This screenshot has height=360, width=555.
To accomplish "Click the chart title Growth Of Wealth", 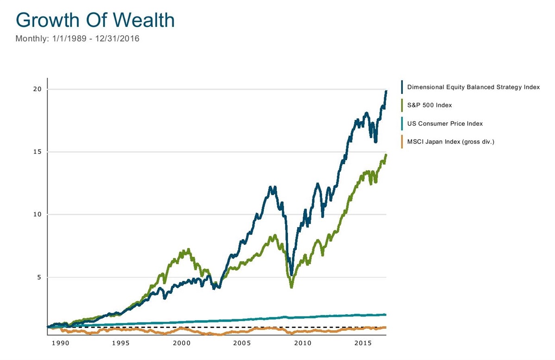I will [x=95, y=20].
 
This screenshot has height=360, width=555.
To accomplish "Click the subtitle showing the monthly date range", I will [x=77, y=39].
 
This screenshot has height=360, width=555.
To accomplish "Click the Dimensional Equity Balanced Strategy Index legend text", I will [x=473, y=87].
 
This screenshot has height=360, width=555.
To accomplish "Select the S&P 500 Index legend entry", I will [x=429, y=105].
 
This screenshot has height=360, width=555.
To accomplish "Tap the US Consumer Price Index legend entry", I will [x=445, y=124].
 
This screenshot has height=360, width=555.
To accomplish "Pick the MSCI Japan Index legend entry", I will [x=450, y=142].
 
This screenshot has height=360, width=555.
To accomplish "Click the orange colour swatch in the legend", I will [x=402, y=142].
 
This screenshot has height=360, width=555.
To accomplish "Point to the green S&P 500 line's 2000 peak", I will [x=187, y=249].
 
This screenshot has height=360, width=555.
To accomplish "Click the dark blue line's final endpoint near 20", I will [x=386, y=91].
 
